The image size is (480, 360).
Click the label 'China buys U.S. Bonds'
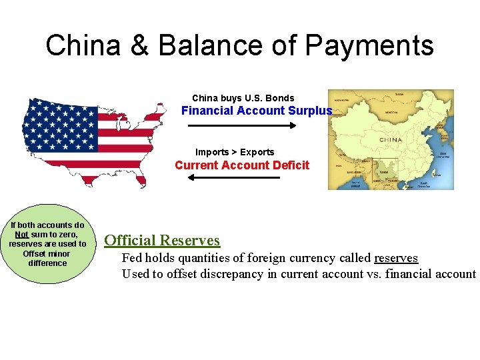[x=243, y=98]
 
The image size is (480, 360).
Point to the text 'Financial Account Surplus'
[x=257, y=111]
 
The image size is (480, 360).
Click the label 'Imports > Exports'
[x=235, y=152]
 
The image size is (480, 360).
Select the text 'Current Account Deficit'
[x=242, y=165]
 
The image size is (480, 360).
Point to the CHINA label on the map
[x=390, y=139]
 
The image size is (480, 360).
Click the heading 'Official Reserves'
[x=162, y=240]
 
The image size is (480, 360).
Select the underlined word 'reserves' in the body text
[x=396, y=258]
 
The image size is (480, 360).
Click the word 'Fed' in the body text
[x=132, y=258]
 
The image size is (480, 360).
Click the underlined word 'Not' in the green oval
[x=21, y=235]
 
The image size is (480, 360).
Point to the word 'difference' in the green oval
[x=48, y=263]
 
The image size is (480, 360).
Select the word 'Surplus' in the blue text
[x=310, y=111]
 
